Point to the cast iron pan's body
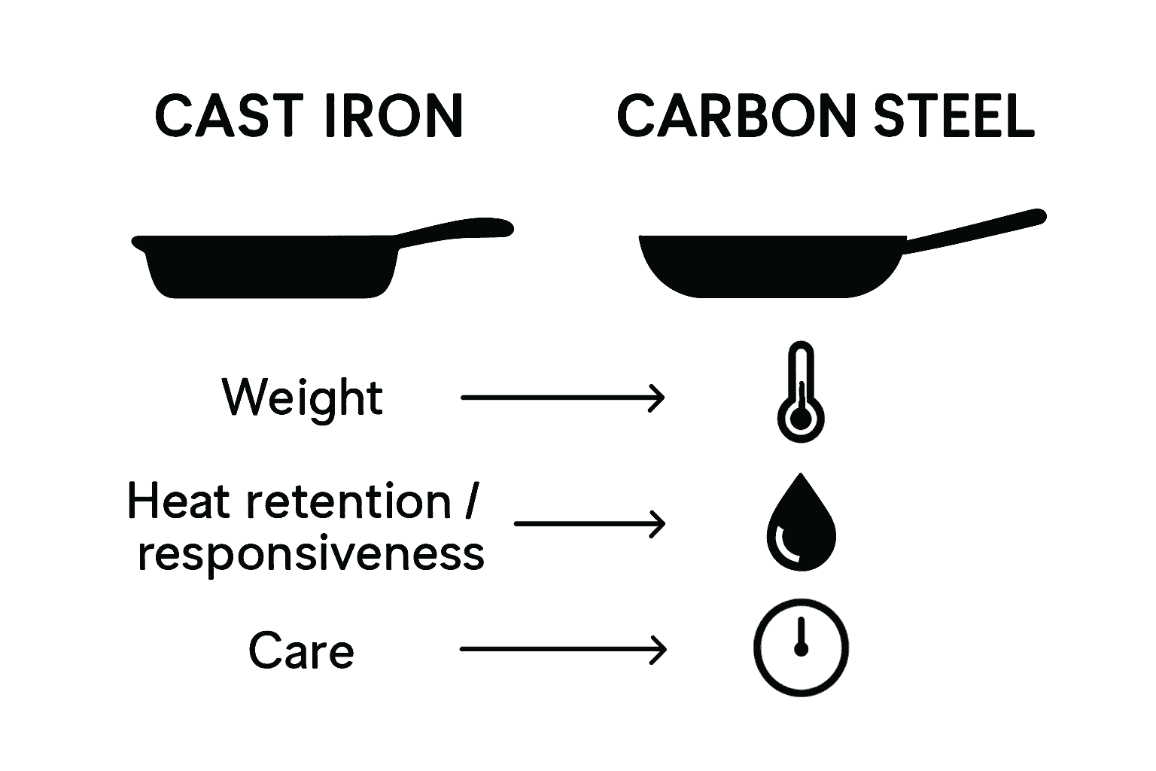coord(271,267)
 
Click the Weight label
coord(303,397)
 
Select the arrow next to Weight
coord(562,397)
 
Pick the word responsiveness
coord(311,555)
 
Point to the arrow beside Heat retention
coord(590,523)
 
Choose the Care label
coord(301,651)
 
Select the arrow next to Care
coord(563,649)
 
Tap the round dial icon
coord(801,647)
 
